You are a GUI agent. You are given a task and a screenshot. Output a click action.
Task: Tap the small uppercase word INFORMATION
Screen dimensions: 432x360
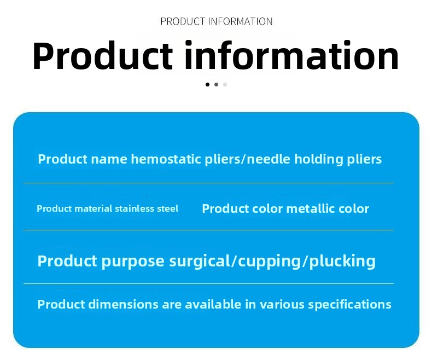[x=241, y=21]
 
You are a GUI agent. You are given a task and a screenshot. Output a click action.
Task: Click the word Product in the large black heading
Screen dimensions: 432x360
[x=102, y=56]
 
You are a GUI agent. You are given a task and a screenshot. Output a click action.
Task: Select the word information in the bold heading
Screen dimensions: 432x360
[x=291, y=55]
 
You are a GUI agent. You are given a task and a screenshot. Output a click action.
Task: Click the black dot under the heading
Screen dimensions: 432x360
[x=207, y=84]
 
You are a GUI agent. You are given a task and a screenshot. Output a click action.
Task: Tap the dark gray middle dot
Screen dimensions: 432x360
[x=217, y=84]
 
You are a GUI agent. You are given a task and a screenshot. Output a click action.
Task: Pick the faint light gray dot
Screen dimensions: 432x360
[x=225, y=84]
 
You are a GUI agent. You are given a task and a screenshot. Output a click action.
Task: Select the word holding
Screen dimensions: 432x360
[x=319, y=160]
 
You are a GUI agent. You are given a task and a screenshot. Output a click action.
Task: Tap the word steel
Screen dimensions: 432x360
[x=168, y=208]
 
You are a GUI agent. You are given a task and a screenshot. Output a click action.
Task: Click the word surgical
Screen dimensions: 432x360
[x=200, y=262]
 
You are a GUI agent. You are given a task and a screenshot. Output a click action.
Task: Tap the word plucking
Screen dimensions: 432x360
[x=342, y=262]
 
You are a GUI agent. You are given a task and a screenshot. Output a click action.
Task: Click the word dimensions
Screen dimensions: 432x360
[x=124, y=304]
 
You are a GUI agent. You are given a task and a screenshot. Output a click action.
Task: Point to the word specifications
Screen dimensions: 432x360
[x=349, y=305]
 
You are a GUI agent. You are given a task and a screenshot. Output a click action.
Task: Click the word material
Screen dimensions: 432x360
[x=94, y=208]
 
